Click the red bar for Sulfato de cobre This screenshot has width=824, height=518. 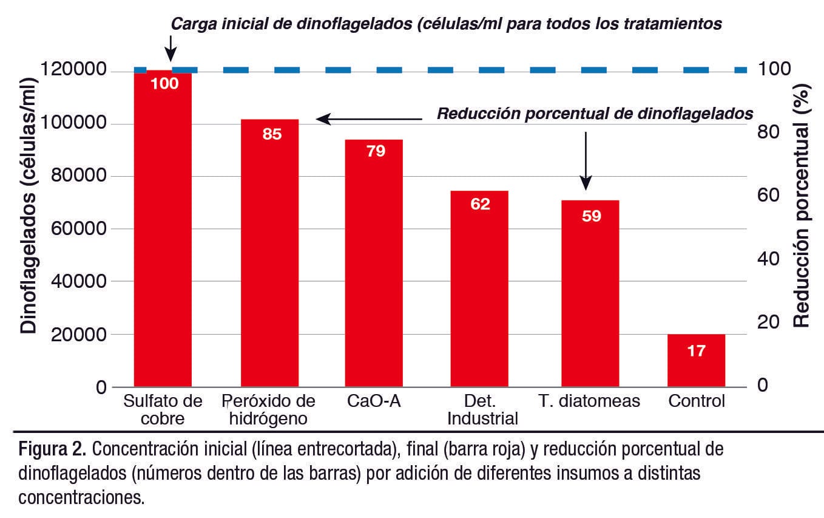(x=162, y=231)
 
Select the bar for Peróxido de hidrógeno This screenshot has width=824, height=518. (x=269, y=255)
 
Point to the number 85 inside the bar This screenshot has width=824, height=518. (x=272, y=134)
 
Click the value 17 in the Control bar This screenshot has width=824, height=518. (x=697, y=350)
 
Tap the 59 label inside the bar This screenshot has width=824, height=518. (x=591, y=216)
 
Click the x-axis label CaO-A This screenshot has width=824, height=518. (x=374, y=401)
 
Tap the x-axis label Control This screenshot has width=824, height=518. (x=697, y=401)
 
